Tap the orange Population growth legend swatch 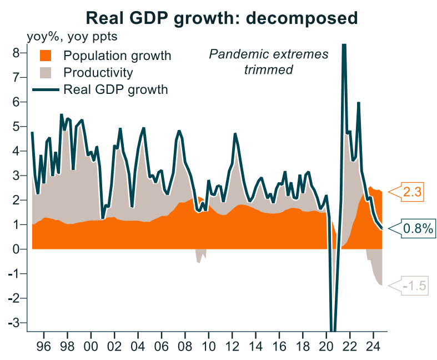46,56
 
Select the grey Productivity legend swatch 46,73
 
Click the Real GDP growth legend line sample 46,89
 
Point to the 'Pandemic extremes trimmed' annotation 268,62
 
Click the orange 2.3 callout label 413,193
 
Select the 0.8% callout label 417,228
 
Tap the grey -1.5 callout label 413,286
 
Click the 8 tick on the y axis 17,53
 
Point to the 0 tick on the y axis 17,249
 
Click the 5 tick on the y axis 17,127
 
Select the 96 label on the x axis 44,344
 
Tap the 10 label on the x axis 208,344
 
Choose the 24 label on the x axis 373,344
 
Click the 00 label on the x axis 91,344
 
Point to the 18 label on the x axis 302,344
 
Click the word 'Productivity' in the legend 98,73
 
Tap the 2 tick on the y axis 17,200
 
